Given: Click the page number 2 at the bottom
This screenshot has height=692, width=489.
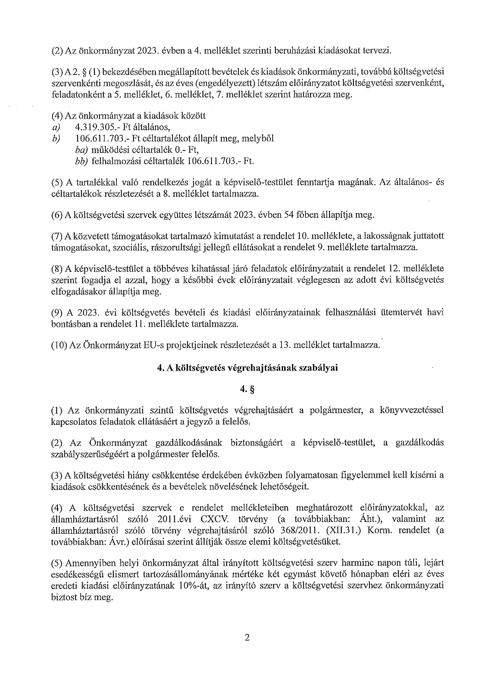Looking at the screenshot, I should point(247,638).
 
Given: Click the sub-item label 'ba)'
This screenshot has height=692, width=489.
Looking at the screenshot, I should point(82,150).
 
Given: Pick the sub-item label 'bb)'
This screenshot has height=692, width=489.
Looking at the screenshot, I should point(82,161).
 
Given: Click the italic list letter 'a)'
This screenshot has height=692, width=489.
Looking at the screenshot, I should point(56,127).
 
